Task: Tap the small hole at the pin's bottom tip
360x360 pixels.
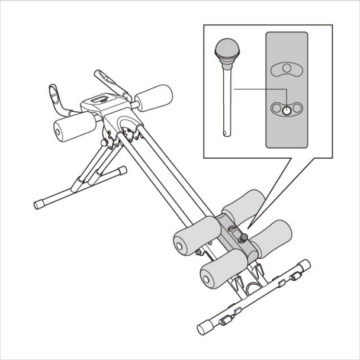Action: tap(225, 131)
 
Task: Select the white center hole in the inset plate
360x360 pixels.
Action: tap(286, 109)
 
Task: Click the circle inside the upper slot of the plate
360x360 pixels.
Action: tap(286, 69)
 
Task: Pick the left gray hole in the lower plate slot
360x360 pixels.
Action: tap(277, 108)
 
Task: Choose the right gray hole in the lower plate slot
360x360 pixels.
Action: tap(296, 108)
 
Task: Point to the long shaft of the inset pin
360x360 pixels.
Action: tap(226, 95)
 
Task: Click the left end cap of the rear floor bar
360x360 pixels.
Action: tap(38, 204)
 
